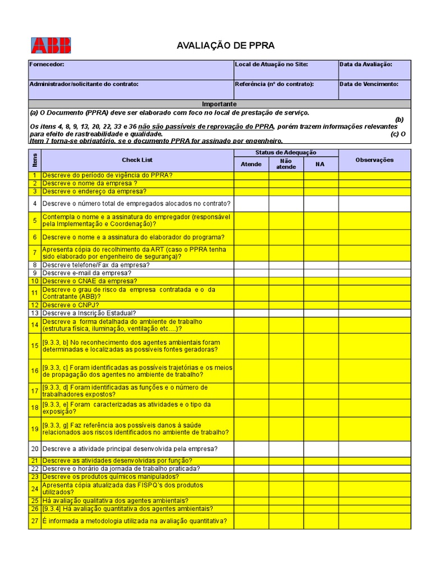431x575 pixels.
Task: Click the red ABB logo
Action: (51, 45)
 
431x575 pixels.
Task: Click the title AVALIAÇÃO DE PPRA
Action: (218, 45)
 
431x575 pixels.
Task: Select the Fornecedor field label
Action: (47, 65)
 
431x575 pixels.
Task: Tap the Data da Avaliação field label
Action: (365, 65)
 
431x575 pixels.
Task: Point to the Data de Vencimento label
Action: (369, 84)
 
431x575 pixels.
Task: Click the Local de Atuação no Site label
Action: (271, 65)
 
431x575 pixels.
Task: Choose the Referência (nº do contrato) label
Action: (274, 84)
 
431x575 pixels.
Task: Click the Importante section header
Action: (219, 104)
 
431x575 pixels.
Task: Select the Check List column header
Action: (137, 160)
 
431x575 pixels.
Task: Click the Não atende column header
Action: (286, 164)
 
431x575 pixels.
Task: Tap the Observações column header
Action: (374, 160)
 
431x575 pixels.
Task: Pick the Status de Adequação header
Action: (286, 153)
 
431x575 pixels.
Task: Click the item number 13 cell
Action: (34, 313)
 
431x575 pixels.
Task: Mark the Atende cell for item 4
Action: (251, 203)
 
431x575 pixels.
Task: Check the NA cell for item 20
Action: (321, 449)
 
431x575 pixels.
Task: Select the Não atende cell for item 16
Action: (286, 371)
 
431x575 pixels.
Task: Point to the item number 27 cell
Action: (34, 521)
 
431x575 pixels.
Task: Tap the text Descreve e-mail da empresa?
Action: (86, 273)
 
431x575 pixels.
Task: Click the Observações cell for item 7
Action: (374, 253)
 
